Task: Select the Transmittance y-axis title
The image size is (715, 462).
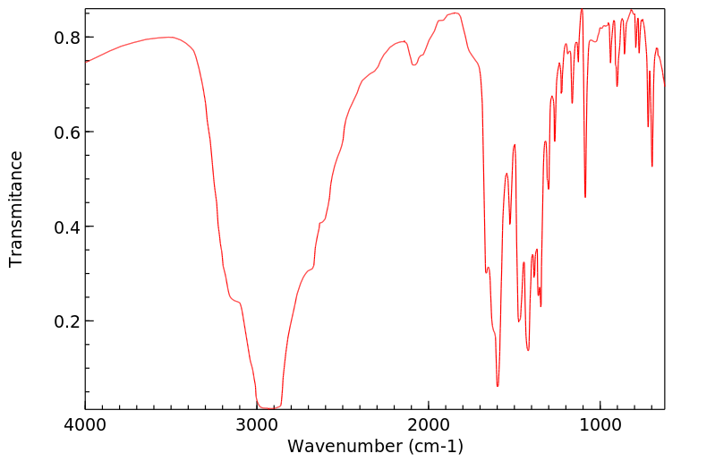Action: coord(16,209)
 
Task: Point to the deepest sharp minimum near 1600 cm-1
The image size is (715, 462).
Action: coord(498,386)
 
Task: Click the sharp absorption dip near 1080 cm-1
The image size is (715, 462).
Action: coord(585,197)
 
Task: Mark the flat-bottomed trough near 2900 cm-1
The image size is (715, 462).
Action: coord(268,407)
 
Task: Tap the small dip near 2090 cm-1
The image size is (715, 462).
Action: coord(413,64)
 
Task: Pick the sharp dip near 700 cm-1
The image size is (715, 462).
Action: coord(652,166)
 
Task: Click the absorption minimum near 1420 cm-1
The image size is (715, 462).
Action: coord(528,349)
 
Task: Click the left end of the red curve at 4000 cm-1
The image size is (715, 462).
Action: coord(87,61)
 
